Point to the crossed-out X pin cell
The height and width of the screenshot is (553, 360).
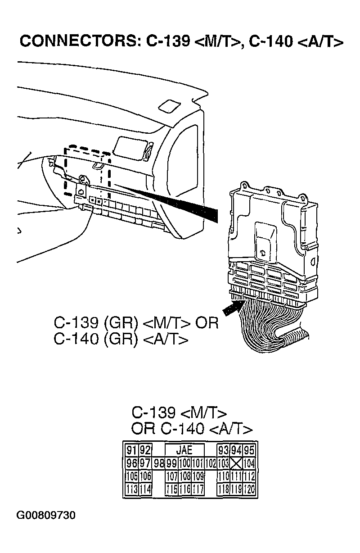(237, 463)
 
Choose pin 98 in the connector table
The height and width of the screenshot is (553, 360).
(159, 463)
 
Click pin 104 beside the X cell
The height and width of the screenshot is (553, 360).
(249, 463)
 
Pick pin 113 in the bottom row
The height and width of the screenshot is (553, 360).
(132, 489)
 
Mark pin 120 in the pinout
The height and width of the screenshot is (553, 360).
(249, 489)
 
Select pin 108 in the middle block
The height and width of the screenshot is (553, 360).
(185, 476)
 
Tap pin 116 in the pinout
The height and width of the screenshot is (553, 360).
(185, 489)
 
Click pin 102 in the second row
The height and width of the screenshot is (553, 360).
(211, 463)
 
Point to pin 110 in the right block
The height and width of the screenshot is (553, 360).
(224, 476)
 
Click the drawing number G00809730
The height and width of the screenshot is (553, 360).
(46, 515)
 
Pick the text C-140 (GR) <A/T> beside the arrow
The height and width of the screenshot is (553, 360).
(121, 339)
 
